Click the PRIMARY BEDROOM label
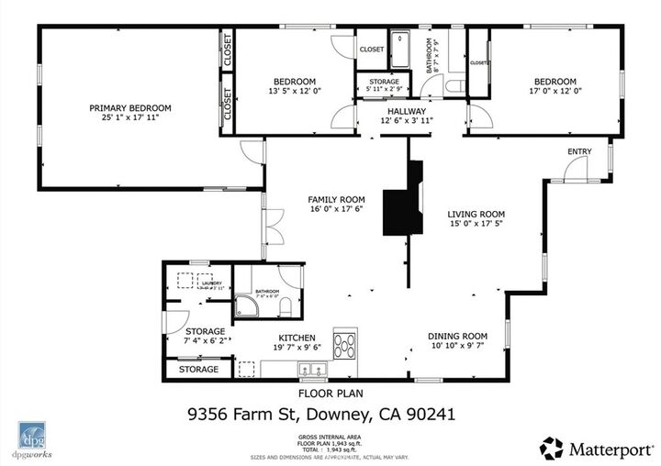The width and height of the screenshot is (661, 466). pyautogui.click(x=130, y=108)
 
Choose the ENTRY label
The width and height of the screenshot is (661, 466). pyautogui.click(x=579, y=151)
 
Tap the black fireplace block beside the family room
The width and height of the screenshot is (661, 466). pyautogui.click(x=403, y=206)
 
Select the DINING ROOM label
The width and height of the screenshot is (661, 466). pyautogui.click(x=457, y=336)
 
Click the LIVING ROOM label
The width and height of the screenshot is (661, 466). pyautogui.click(x=476, y=214)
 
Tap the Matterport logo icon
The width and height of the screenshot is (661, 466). pyautogui.click(x=551, y=448)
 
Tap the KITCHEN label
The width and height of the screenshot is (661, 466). pyautogui.click(x=297, y=337)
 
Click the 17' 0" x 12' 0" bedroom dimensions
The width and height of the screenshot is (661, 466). pyautogui.click(x=555, y=91)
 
